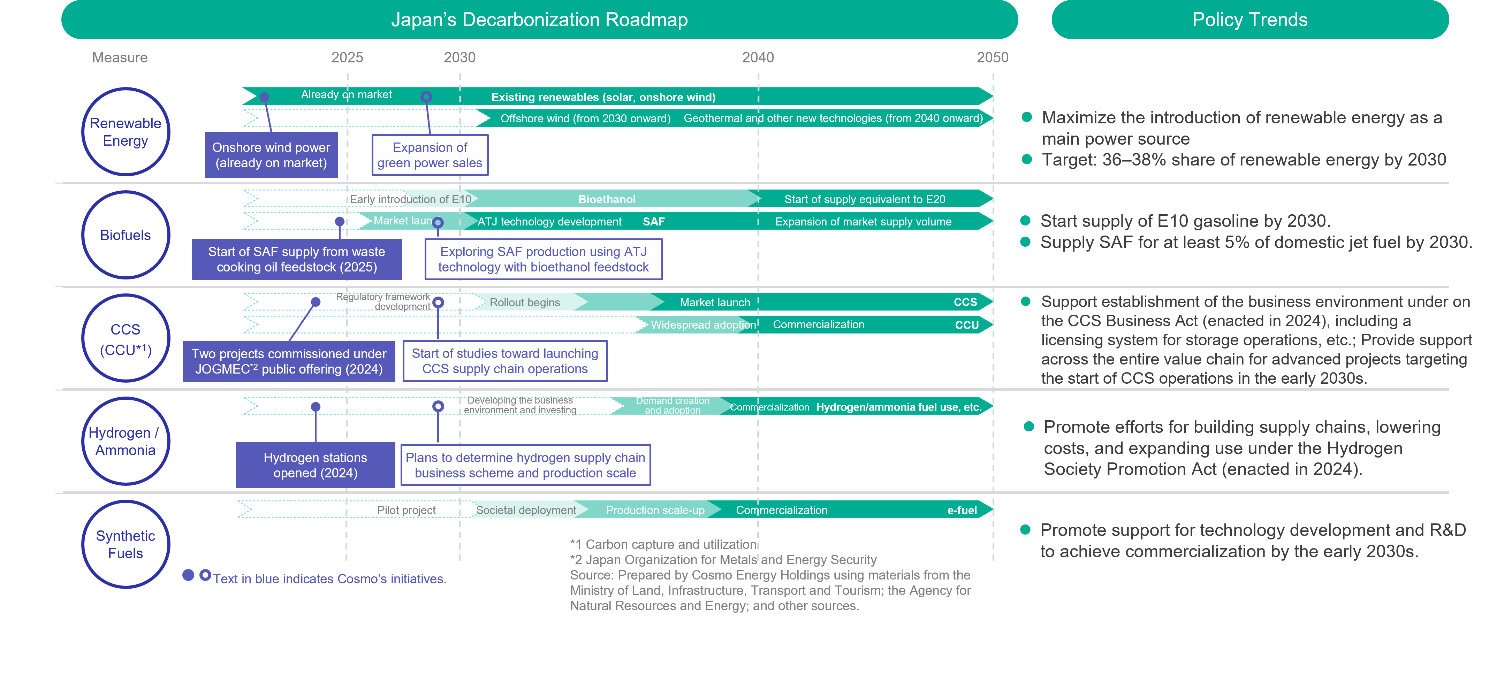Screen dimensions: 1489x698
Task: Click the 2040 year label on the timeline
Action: (x=758, y=57)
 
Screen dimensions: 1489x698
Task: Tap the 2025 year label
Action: (x=347, y=57)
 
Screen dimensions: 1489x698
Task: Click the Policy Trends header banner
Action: (x=1250, y=20)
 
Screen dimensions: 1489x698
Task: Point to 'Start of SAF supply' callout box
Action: (x=297, y=259)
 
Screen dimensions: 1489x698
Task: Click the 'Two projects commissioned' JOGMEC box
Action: (x=289, y=361)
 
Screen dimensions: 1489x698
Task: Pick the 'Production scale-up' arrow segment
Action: (x=655, y=509)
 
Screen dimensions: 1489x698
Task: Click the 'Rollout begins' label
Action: (x=525, y=302)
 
